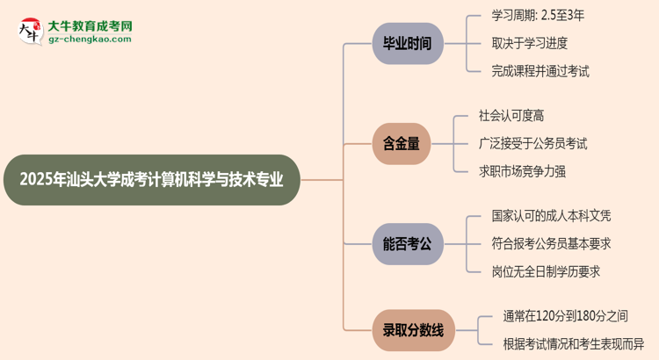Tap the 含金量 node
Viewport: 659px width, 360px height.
click(402, 144)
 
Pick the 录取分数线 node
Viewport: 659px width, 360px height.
click(413, 331)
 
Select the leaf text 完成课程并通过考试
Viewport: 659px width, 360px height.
click(540, 71)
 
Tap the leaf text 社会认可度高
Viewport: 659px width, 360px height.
click(517, 115)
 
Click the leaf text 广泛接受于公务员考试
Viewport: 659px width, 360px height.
click(532, 143)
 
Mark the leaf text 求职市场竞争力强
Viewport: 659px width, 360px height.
click(522, 171)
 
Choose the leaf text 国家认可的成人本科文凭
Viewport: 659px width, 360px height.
click(550, 215)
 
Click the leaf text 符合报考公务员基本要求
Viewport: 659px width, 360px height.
click(550, 243)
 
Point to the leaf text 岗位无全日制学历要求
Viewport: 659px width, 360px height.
click(546, 271)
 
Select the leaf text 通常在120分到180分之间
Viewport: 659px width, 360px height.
click(566, 315)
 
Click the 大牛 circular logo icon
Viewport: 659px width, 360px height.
click(30, 32)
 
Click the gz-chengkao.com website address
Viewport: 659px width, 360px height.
click(90, 40)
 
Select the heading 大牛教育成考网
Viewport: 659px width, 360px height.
click(90, 26)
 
